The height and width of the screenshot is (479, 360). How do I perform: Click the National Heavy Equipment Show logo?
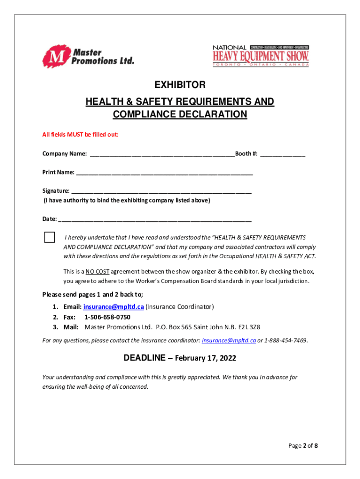pos(260,56)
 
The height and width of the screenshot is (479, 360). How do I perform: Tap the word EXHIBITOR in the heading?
pos(180,85)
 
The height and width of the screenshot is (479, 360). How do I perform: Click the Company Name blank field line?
pos(162,154)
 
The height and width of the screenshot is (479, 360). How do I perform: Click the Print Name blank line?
pos(164,173)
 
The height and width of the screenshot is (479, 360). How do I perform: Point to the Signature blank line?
pos(161,191)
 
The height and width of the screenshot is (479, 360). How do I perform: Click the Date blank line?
pos(155,219)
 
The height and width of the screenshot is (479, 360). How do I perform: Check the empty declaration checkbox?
pos(50,237)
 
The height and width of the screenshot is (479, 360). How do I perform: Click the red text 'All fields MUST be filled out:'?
pos(80,135)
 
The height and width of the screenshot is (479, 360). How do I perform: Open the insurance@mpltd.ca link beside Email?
pos(113,307)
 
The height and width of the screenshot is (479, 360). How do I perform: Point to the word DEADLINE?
pos(144,358)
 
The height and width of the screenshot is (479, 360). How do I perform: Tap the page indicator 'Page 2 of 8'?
pos(302,446)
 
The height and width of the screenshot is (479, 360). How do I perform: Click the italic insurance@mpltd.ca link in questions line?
pos(229,341)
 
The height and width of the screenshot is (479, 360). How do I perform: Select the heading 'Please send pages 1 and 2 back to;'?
pos(93,295)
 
